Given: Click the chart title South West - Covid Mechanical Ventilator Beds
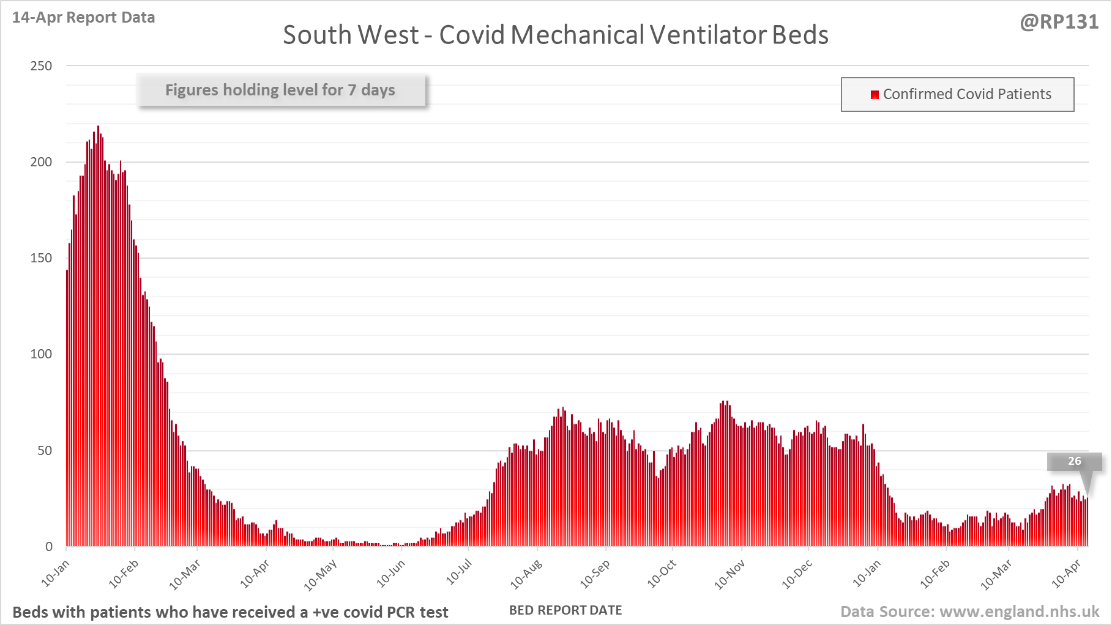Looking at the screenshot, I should point(555,35).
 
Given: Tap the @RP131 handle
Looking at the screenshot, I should point(1059,22).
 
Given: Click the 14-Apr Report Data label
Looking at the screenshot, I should point(83,17).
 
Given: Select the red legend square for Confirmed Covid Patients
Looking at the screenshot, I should point(875,94).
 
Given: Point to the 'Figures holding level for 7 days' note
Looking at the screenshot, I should point(280,90).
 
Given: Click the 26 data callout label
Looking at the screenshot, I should point(1074,461).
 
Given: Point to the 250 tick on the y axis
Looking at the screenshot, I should point(41,66).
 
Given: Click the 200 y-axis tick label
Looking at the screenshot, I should point(41,162).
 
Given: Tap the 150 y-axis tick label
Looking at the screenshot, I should point(41,258).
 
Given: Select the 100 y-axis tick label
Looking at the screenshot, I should point(41,354).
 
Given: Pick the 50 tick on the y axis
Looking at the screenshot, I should point(44,451).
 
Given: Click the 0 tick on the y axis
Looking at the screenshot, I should point(49,547).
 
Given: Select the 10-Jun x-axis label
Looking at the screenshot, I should point(390,574).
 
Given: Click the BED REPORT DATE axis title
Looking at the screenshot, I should point(565,610).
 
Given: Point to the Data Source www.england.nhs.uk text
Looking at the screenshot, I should point(969,612).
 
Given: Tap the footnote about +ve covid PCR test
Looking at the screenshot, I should point(230,612).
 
